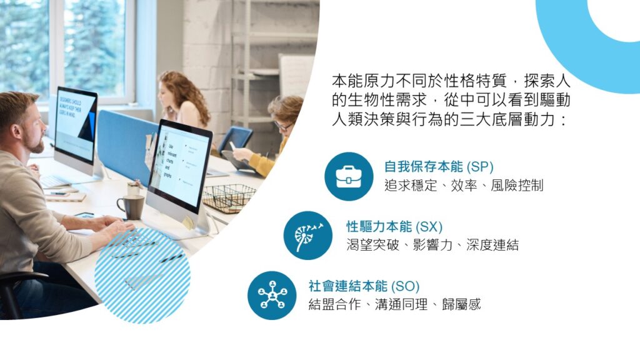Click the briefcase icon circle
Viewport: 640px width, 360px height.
point(349,176)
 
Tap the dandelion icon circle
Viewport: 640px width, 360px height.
point(308,236)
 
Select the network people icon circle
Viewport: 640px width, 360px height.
point(272,296)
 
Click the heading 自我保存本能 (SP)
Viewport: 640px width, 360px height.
point(439,167)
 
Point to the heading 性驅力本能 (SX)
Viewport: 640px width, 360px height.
point(395,226)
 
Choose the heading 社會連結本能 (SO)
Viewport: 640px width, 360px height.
point(364,286)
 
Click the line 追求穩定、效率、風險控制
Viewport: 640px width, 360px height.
point(464,186)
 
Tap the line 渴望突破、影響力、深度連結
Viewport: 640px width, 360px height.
point(432,245)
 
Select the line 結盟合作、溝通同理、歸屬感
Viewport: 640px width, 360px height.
point(395,304)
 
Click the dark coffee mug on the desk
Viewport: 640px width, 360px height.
point(131,207)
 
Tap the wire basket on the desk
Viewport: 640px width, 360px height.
point(229,198)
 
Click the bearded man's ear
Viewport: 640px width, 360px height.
point(17,131)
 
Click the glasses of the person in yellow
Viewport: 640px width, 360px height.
point(282,126)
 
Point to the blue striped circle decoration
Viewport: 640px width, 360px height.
point(142,276)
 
